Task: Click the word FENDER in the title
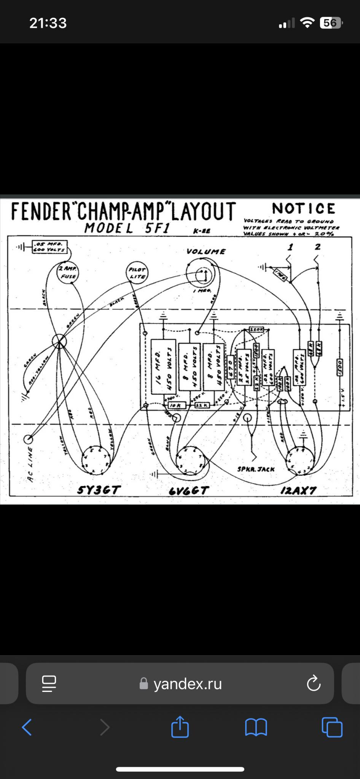pos(41,211)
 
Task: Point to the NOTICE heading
pos(304,208)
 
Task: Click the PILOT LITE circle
pos(137,273)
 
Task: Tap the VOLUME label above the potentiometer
pos(206,251)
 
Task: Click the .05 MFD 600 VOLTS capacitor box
pos(50,246)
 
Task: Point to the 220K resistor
pos(256,329)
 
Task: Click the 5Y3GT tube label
pos(99,490)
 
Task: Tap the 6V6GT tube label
pos(189,491)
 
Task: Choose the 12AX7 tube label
pos(298,490)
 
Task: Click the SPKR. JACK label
pos(256,469)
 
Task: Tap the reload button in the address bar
pos(314,684)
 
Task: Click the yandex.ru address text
pos(187,684)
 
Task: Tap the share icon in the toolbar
pos(180,727)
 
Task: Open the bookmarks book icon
pos(256,727)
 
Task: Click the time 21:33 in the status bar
pos(48,23)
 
